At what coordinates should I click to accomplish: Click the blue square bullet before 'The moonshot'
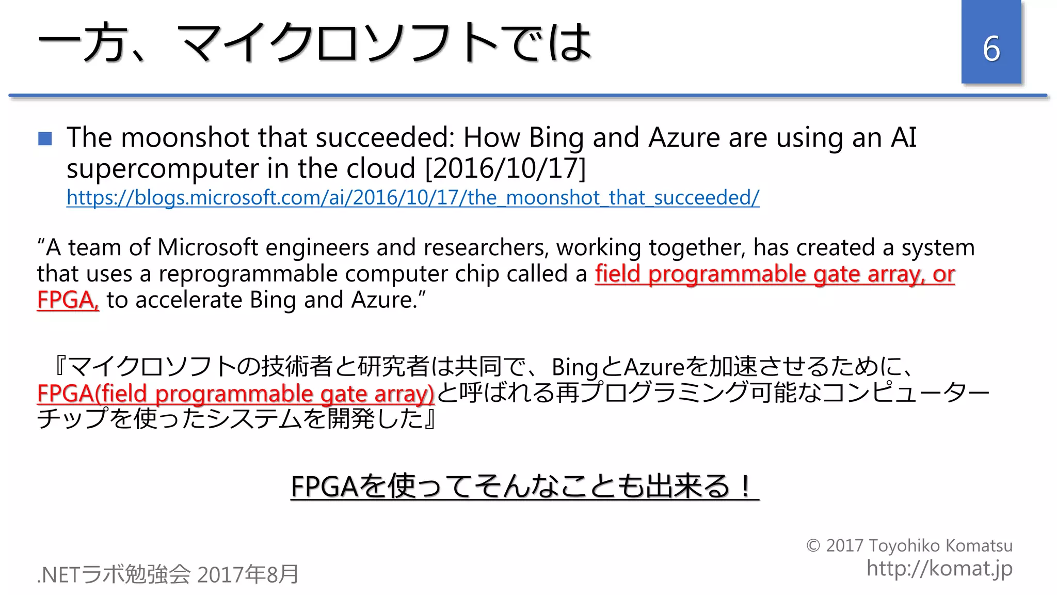coord(45,138)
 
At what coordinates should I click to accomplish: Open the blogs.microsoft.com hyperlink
coord(412,197)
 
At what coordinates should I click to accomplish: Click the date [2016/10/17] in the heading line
coord(505,168)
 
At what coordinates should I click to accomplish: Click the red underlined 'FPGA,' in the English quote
coord(68,300)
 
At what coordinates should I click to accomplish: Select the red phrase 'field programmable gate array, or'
coord(774,274)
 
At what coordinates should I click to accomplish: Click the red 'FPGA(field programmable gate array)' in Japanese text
coord(235,394)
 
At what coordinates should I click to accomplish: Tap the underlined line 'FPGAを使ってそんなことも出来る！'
coord(524,486)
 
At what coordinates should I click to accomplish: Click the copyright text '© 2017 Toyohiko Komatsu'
coord(909,545)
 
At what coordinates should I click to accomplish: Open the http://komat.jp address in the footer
coord(939,569)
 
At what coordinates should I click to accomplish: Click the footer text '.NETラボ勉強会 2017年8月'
coord(168,574)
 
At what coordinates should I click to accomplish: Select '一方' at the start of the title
coord(83,42)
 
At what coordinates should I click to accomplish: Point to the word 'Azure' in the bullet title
coord(684,138)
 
